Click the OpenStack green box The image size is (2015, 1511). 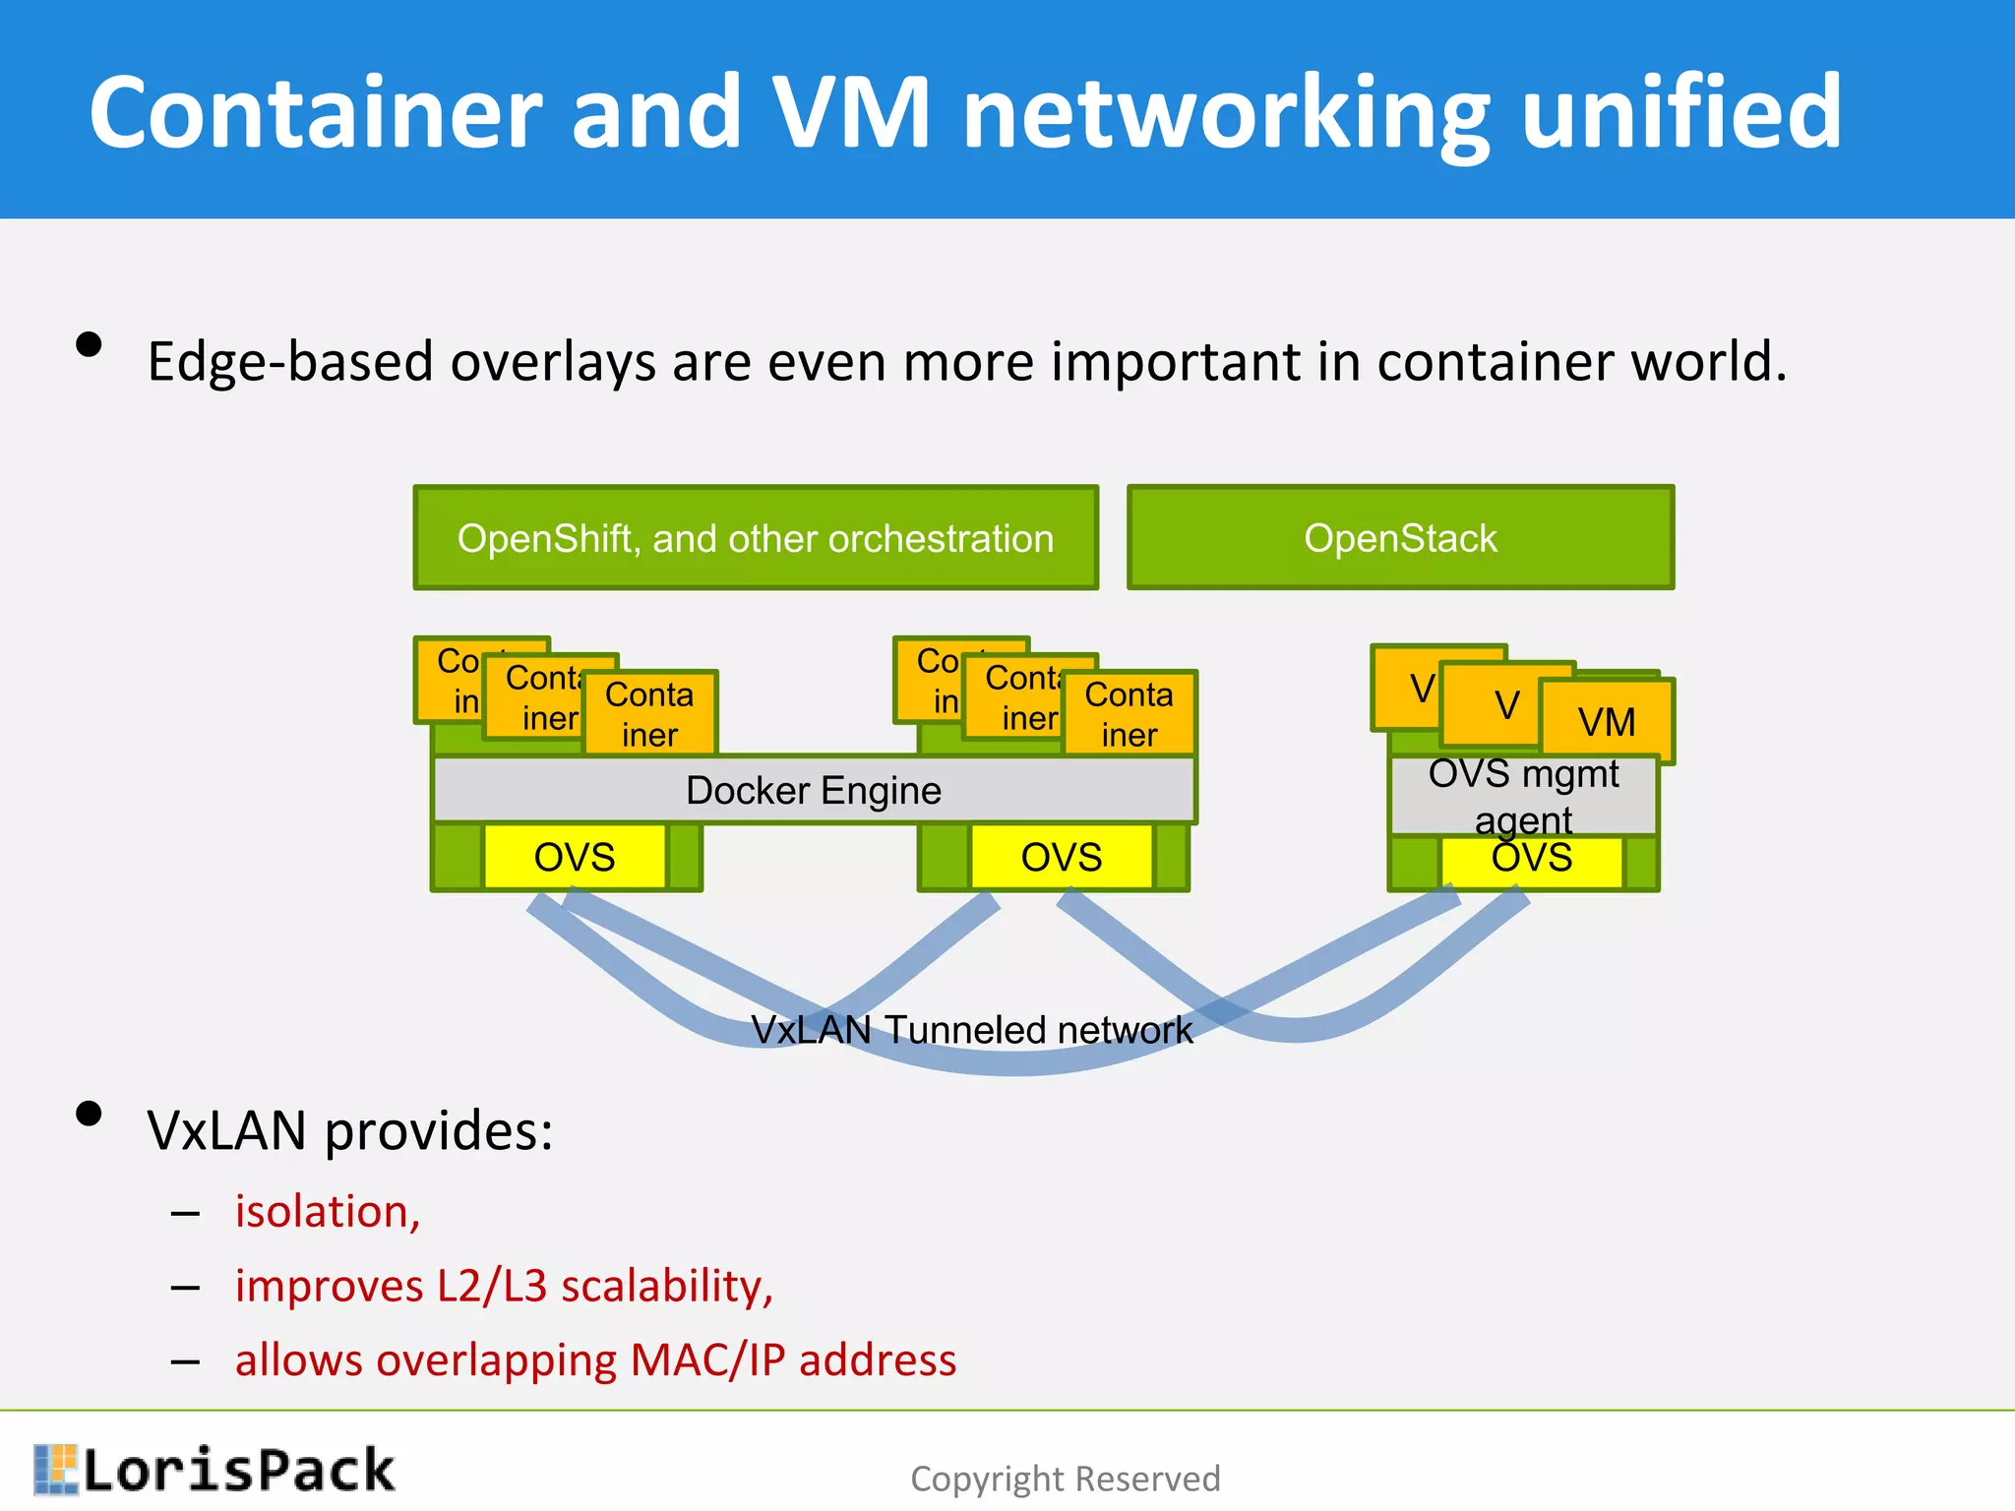(1400, 538)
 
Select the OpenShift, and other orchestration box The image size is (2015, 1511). (755, 538)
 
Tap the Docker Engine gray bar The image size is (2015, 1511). (813, 790)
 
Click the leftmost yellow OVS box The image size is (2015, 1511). (575, 857)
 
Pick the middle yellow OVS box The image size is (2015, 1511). (1061, 857)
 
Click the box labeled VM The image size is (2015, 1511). (1607, 721)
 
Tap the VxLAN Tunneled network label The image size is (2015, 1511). (971, 1030)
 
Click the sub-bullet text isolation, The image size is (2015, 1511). (328, 1211)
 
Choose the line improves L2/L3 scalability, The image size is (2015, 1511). (504, 1286)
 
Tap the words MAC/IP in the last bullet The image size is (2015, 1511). (707, 1360)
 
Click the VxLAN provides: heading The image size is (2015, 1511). (349, 1129)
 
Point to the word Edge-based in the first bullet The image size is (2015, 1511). (290, 361)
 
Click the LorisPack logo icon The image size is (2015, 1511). (55, 1470)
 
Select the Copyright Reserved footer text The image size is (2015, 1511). (1065, 1479)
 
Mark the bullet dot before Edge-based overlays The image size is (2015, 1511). (89, 344)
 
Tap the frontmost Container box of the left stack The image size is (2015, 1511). (649, 714)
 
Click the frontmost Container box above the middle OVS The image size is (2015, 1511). (1129, 714)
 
